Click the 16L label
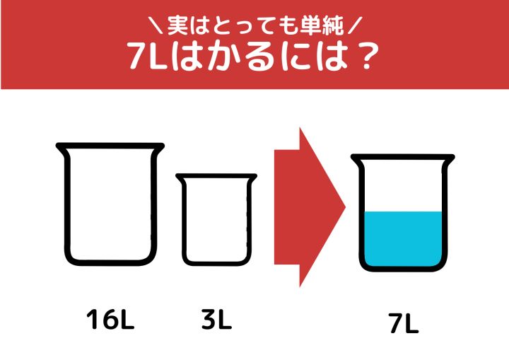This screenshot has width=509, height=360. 110,319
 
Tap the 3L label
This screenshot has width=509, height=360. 216,319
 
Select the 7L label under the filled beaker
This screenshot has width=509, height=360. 404,323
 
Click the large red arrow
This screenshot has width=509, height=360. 310,207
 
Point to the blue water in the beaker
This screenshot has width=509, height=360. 403,239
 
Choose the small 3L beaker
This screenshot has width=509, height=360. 185,221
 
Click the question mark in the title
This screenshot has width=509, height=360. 368,57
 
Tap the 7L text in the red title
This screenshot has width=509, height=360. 147,56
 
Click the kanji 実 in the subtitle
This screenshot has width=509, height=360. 178,25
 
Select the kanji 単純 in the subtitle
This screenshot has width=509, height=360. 322,25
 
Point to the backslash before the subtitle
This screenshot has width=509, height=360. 157,25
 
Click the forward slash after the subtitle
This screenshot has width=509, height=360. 354,25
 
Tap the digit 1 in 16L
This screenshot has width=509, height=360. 93,319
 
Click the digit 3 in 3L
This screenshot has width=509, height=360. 209,319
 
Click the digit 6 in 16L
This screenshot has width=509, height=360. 109,319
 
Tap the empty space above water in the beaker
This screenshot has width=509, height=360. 403,186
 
